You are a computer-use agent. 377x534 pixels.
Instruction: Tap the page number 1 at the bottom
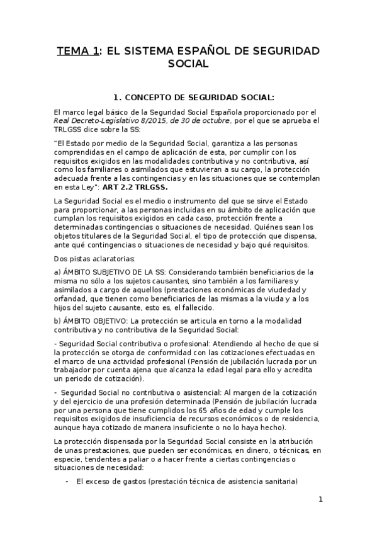(320, 500)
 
